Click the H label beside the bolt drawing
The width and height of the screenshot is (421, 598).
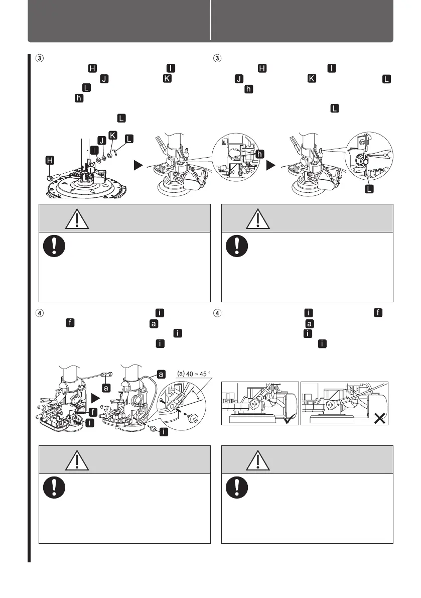(x=50, y=160)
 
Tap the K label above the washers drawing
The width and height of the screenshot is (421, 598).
(x=113, y=136)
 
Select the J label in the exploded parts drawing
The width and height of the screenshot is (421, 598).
(x=102, y=141)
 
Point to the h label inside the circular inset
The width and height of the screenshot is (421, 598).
(x=259, y=154)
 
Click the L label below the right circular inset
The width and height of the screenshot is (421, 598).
(x=369, y=189)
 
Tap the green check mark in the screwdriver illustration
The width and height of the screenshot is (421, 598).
(x=289, y=420)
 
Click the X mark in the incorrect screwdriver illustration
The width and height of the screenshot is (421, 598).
(x=379, y=418)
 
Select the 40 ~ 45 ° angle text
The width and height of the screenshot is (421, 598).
(x=198, y=374)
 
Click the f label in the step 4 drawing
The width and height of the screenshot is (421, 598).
(x=93, y=412)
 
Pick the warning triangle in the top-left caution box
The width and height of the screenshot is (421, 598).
(x=77, y=219)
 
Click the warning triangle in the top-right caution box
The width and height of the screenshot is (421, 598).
(x=258, y=219)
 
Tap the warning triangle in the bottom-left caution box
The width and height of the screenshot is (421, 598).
(x=77, y=460)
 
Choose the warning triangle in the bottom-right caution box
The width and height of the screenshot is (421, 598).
(x=258, y=460)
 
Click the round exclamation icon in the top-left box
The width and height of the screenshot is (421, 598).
(x=54, y=246)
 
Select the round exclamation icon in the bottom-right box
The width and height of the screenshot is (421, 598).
(x=237, y=487)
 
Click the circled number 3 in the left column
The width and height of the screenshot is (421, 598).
(x=39, y=58)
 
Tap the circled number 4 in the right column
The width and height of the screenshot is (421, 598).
(x=217, y=313)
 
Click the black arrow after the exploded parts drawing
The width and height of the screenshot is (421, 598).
(x=138, y=165)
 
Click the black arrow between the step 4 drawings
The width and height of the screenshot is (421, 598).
(x=95, y=399)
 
